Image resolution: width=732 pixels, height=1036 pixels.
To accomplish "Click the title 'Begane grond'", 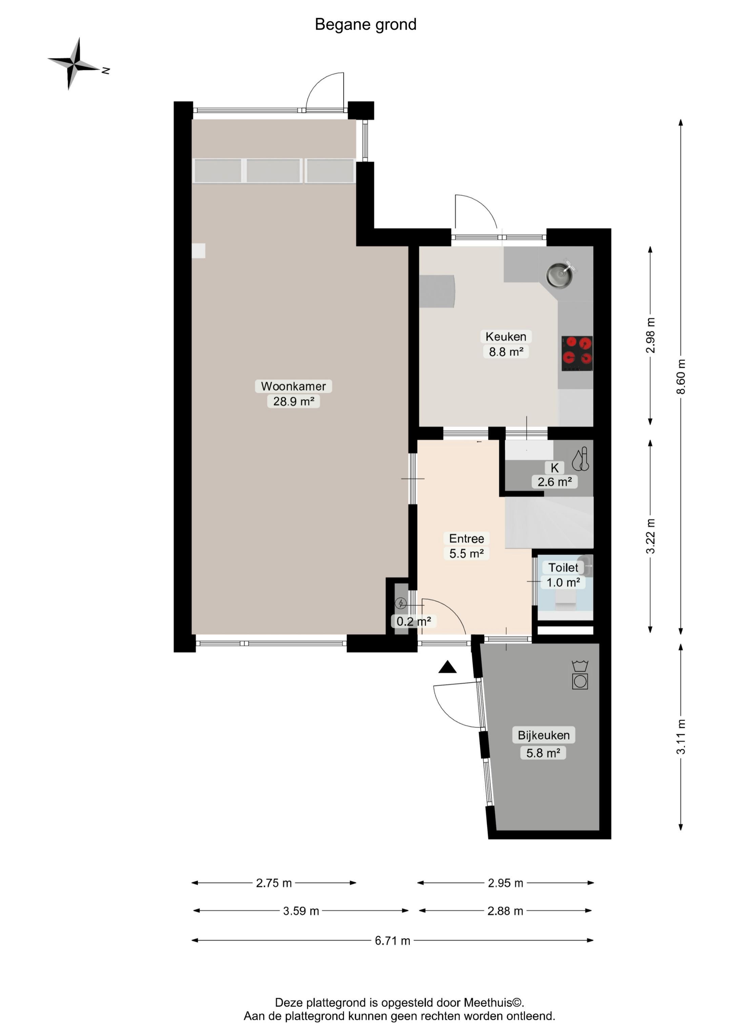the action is [365, 24].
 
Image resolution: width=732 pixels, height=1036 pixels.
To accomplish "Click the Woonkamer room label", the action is [293, 386].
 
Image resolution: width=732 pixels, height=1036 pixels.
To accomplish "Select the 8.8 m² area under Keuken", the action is [506, 352].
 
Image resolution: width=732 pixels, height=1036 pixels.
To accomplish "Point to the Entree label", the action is [466, 538].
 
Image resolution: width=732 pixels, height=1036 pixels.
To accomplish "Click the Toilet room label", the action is [563, 567].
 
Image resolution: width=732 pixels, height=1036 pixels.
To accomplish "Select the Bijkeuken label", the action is [544, 735].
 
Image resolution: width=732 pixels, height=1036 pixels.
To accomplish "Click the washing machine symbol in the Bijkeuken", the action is [580, 676].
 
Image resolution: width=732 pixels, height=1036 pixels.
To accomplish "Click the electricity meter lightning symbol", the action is [401, 603].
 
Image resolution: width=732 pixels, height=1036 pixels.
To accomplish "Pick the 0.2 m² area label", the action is [413, 621].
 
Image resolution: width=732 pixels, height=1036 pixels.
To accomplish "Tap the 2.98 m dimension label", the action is [650, 335].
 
